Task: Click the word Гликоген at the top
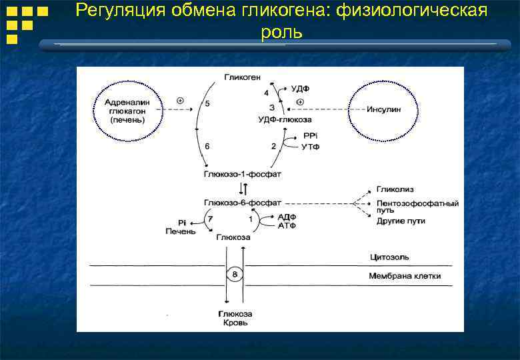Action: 241,77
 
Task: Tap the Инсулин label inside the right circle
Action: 384,110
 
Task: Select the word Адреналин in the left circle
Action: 128,102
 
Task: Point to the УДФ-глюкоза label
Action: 284,119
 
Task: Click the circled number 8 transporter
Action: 233,274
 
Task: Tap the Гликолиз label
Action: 394,189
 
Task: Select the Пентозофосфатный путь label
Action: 417,205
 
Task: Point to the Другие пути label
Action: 401,221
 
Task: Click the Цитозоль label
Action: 389,257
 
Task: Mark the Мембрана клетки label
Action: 405,276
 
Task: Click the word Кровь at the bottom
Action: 234,323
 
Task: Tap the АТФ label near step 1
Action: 287,226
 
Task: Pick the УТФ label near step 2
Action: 311,146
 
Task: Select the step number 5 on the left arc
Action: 207,104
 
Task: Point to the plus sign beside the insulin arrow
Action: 300,102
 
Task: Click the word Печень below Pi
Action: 181,231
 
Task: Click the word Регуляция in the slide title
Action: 116,11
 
